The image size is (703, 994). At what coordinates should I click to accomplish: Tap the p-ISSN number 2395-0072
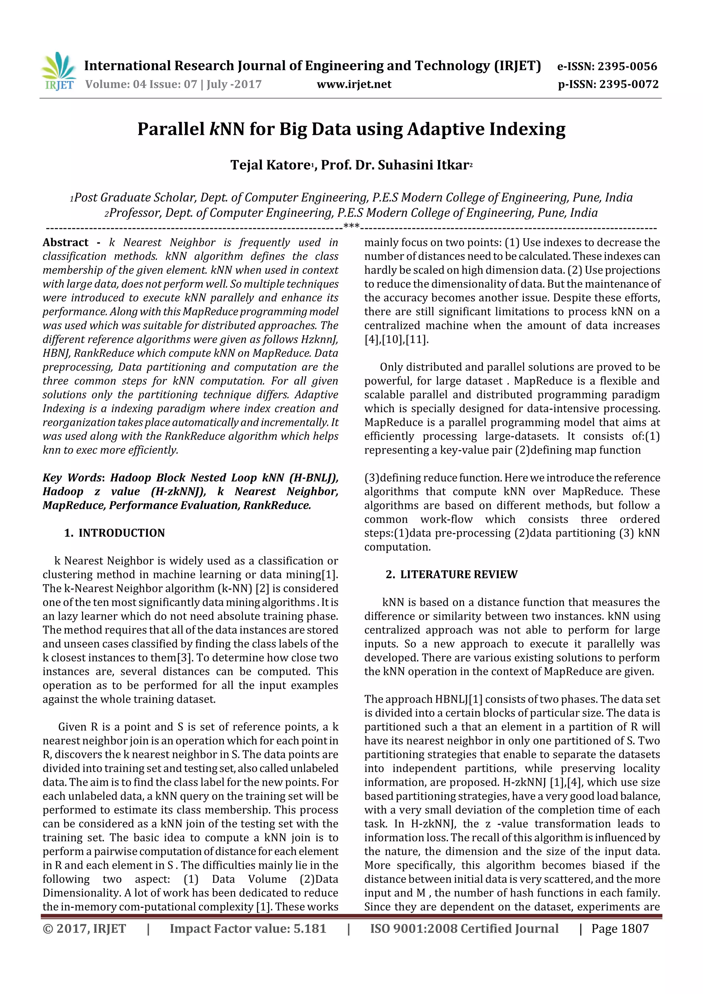(x=629, y=84)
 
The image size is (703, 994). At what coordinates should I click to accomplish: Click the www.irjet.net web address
(x=354, y=84)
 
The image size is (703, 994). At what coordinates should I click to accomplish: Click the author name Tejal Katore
(x=270, y=165)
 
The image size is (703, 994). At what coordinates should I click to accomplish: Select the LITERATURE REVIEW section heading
(x=459, y=574)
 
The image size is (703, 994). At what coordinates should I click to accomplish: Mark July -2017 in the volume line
(x=234, y=84)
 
